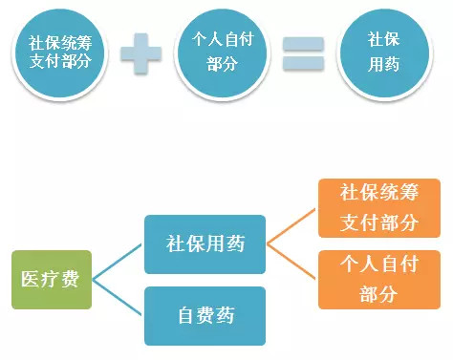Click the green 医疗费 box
pos(52,279)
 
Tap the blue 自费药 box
pos(205,314)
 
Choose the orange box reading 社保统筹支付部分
pos(379,207)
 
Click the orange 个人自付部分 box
pos(379,278)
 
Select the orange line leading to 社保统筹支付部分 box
pos(291,225)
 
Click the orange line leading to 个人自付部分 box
pos(291,261)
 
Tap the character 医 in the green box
pos(32,279)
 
